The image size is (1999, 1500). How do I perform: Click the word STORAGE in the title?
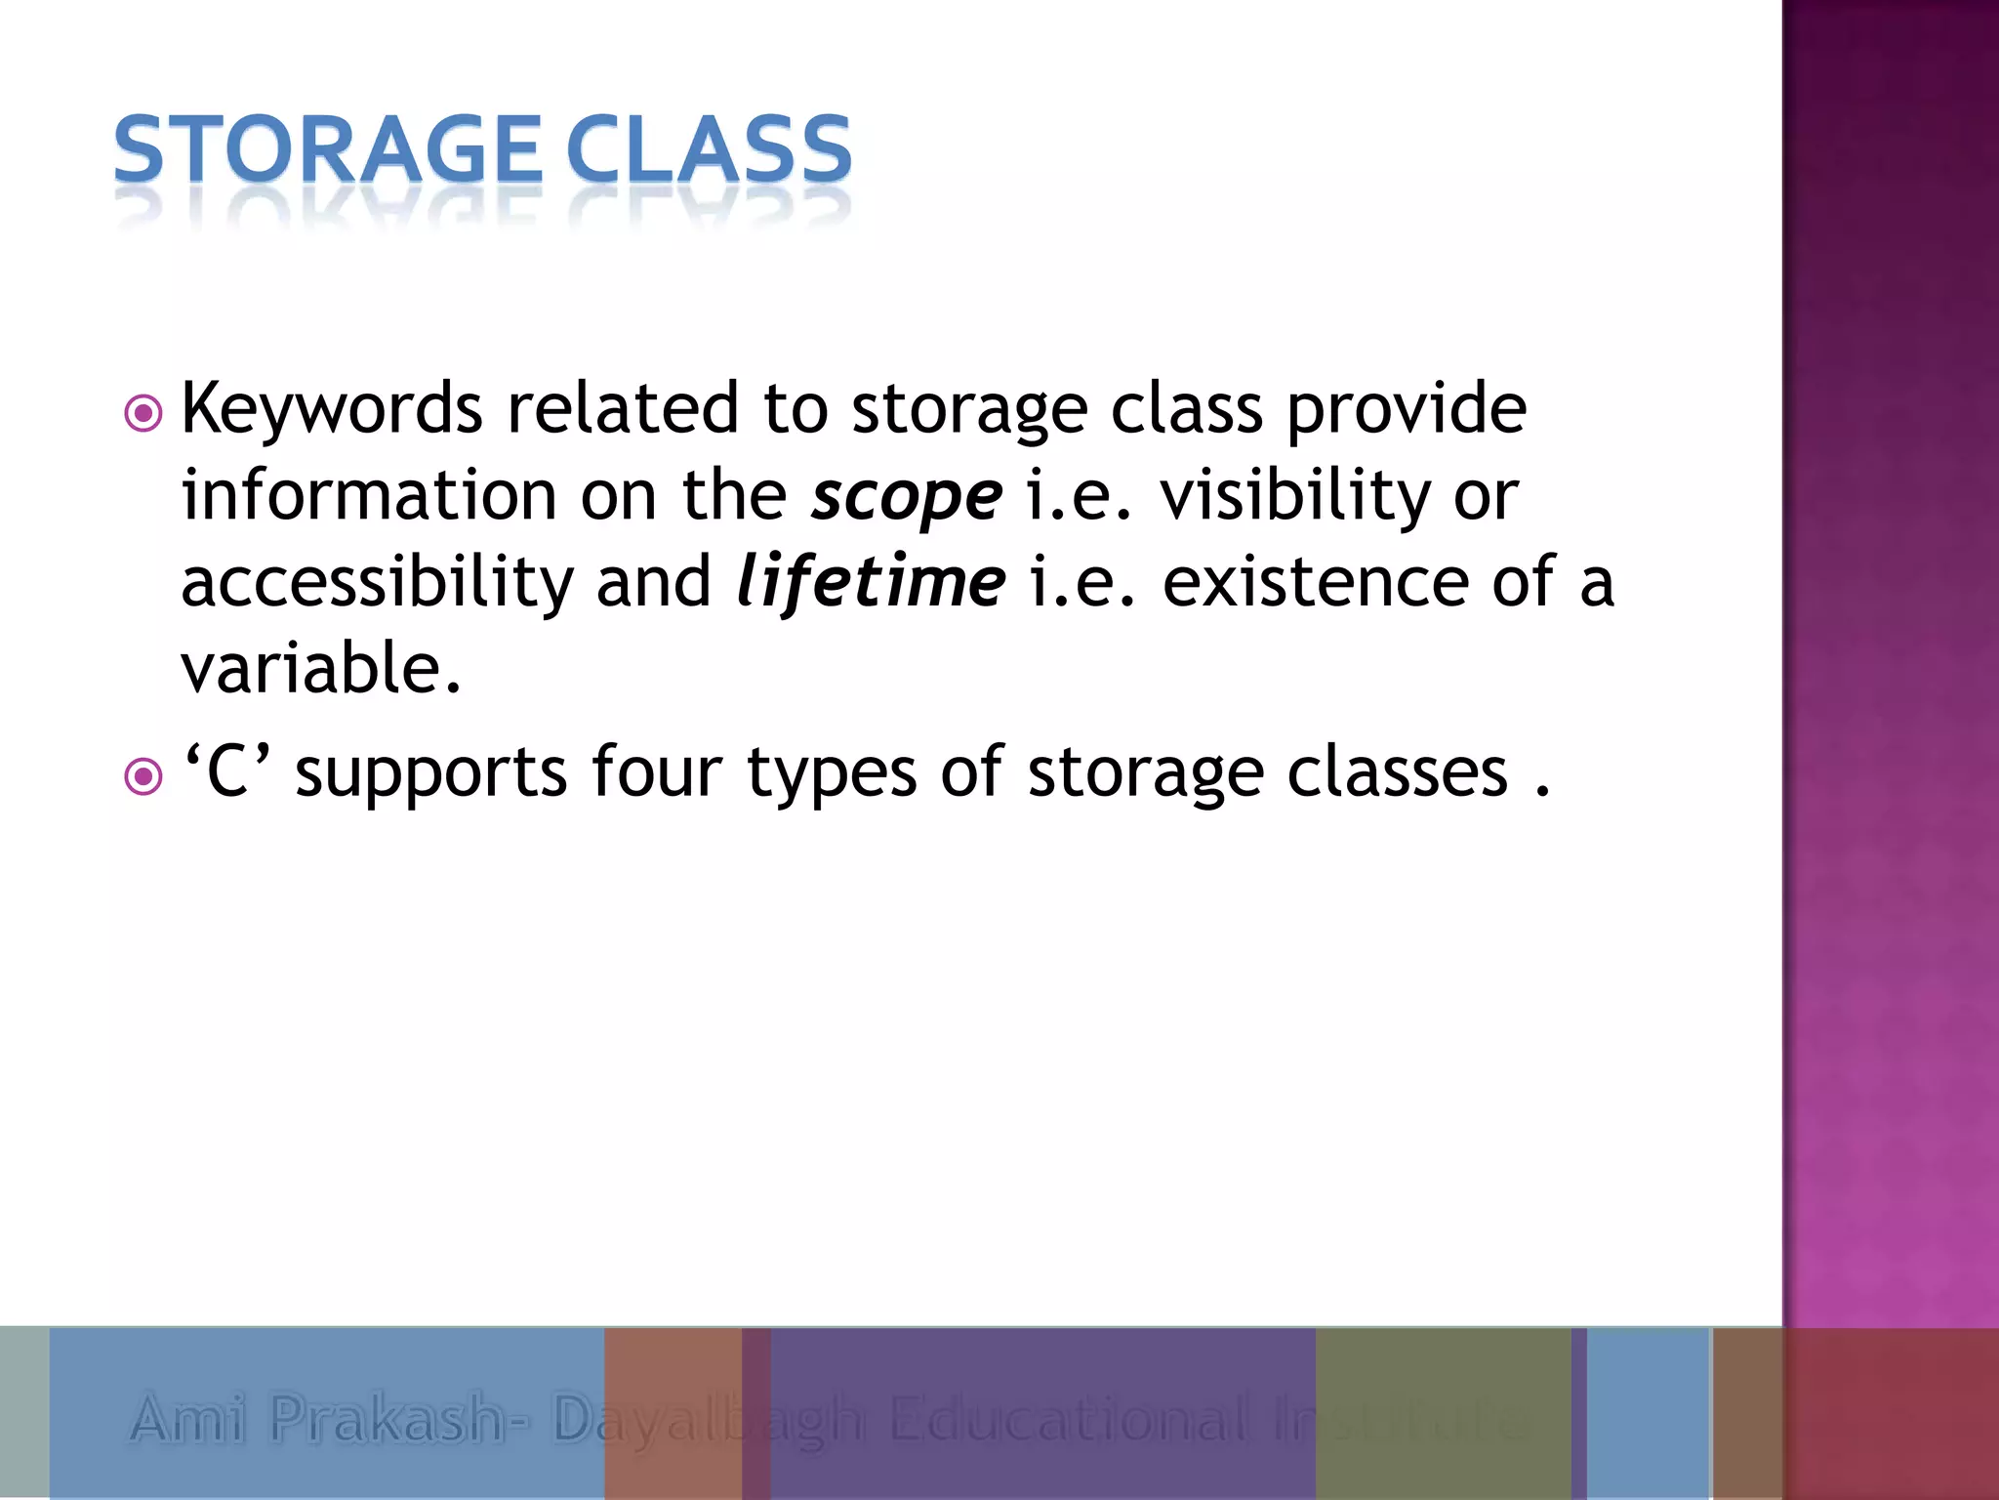[327, 149]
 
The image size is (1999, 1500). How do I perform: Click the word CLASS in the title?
[709, 149]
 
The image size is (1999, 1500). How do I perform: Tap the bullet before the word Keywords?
[143, 414]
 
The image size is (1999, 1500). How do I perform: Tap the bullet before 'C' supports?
[143, 777]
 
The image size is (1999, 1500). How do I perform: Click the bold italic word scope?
[906, 496]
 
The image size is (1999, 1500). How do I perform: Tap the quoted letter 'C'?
[227, 771]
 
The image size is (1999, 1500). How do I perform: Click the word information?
[369, 496]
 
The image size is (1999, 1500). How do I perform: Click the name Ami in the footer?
[187, 1418]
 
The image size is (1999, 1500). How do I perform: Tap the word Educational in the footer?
[1068, 1418]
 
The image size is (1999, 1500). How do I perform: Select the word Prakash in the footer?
[387, 1418]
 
